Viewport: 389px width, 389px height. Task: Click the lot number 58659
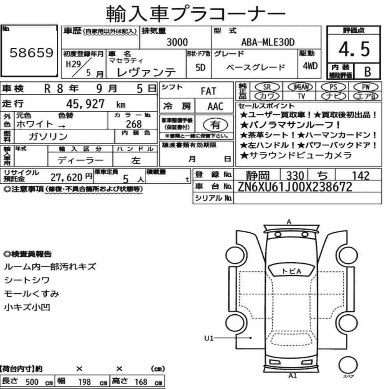[x=31, y=53]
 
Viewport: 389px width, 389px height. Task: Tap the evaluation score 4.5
[x=354, y=49]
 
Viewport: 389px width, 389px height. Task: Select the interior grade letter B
[x=368, y=72]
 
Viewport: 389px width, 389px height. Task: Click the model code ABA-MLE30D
[x=268, y=42]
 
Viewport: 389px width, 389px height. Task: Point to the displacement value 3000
[x=177, y=42]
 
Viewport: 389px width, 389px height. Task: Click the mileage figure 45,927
[x=85, y=104]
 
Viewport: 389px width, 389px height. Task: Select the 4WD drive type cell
[x=310, y=66]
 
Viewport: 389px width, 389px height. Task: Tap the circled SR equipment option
[x=267, y=87]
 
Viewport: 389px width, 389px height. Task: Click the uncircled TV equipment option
[x=301, y=96]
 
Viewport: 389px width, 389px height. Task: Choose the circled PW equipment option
[x=366, y=87]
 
